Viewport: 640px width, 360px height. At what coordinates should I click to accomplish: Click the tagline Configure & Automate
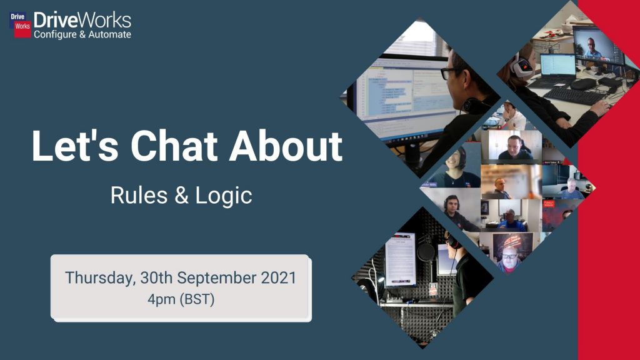[x=82, y=34]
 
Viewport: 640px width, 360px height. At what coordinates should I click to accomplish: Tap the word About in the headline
[x=285, y=146]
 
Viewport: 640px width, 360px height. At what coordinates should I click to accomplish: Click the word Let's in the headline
[x=75, y=146]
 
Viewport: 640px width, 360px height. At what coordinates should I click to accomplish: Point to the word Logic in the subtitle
[x=224, y=196]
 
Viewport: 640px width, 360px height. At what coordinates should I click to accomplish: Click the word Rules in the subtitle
[x=139, y=195]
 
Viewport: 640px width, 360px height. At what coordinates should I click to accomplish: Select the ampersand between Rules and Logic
[x=181, y=196]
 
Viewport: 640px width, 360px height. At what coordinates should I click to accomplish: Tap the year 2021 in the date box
[x=278, y=278]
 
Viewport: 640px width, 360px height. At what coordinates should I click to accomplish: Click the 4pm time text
[x=162, y=299]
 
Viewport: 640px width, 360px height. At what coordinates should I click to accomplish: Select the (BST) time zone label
[x=197, y=299]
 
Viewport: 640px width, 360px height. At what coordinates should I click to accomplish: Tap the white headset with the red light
[x=521, y=65]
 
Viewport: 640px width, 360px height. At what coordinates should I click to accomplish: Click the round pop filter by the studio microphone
[x=426, y=252]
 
